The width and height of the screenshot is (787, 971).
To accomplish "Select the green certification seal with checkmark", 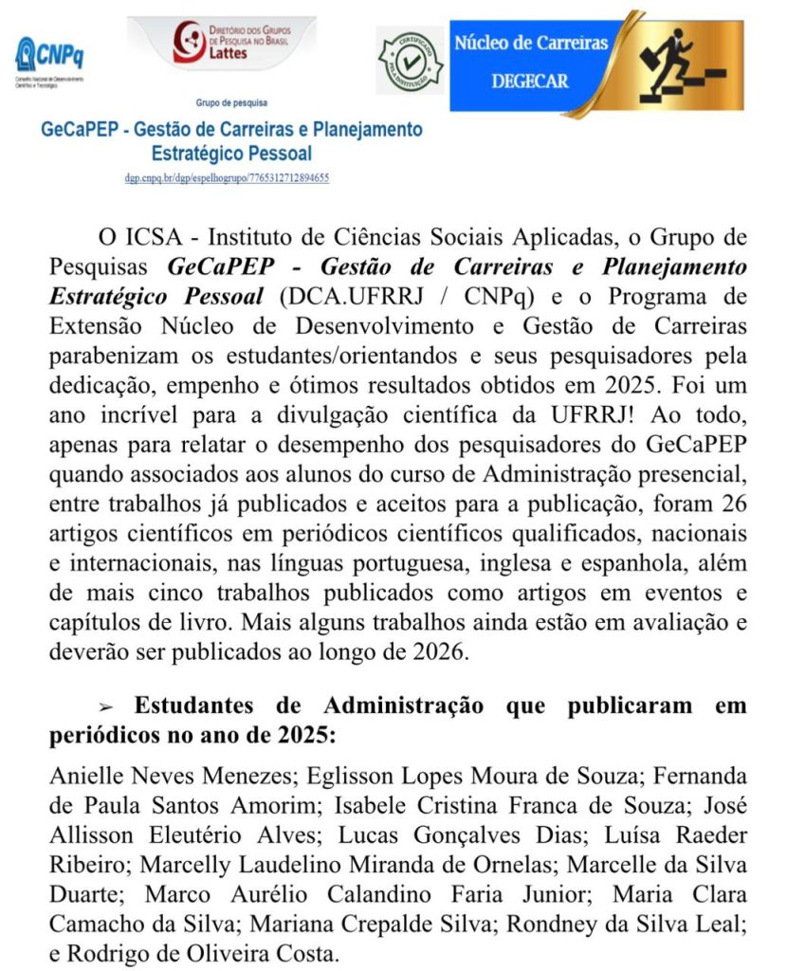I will click(410, 60).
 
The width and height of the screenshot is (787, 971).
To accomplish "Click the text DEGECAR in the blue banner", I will click(530, 82).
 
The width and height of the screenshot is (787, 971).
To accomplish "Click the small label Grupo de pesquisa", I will click(231, 102).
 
